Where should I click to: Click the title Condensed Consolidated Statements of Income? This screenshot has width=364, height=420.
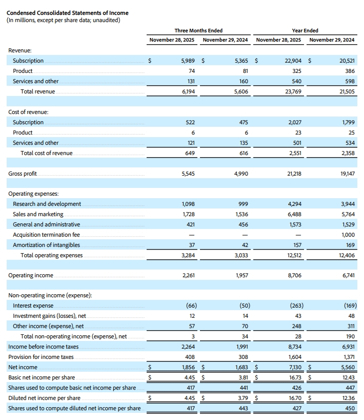point(67,13)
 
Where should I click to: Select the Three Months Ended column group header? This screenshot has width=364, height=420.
point(198,30)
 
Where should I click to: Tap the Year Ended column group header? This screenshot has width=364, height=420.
point(305,30)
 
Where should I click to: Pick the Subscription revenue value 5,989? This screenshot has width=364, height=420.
point(188,61)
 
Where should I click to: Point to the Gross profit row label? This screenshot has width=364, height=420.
point(23,174)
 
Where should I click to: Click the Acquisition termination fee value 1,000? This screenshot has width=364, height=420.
point(347,235)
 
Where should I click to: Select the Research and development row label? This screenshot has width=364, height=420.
point(47,204)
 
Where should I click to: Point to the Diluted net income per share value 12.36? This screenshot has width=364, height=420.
point(347,398)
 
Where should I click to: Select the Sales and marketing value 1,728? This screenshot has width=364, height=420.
point(188,214)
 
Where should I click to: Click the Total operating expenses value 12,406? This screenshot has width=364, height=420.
point(346,255)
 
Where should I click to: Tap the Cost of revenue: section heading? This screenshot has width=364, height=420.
point(27,112)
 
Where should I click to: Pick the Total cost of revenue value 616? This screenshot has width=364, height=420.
point(244,153)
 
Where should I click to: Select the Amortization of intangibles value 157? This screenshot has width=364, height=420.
point(295,245)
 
